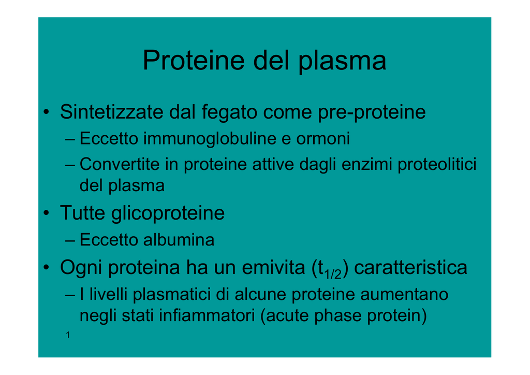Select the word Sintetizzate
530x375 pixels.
pos(112,111)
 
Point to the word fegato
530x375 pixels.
pos(229,112)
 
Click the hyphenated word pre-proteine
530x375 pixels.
pos(372,112)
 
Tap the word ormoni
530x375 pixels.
pos(323,139)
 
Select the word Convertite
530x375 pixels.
pos(120,164)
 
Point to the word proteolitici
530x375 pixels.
pos(437,165)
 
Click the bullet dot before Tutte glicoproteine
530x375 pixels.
pos(46,213)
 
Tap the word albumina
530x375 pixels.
pos(179,240)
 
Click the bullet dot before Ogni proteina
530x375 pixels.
pos(46,267)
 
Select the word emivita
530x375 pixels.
pos(273,267)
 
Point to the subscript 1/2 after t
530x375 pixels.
pos(333,273)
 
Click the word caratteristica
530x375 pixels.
pos(410,267)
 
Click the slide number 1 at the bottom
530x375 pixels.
pos(68,335)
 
